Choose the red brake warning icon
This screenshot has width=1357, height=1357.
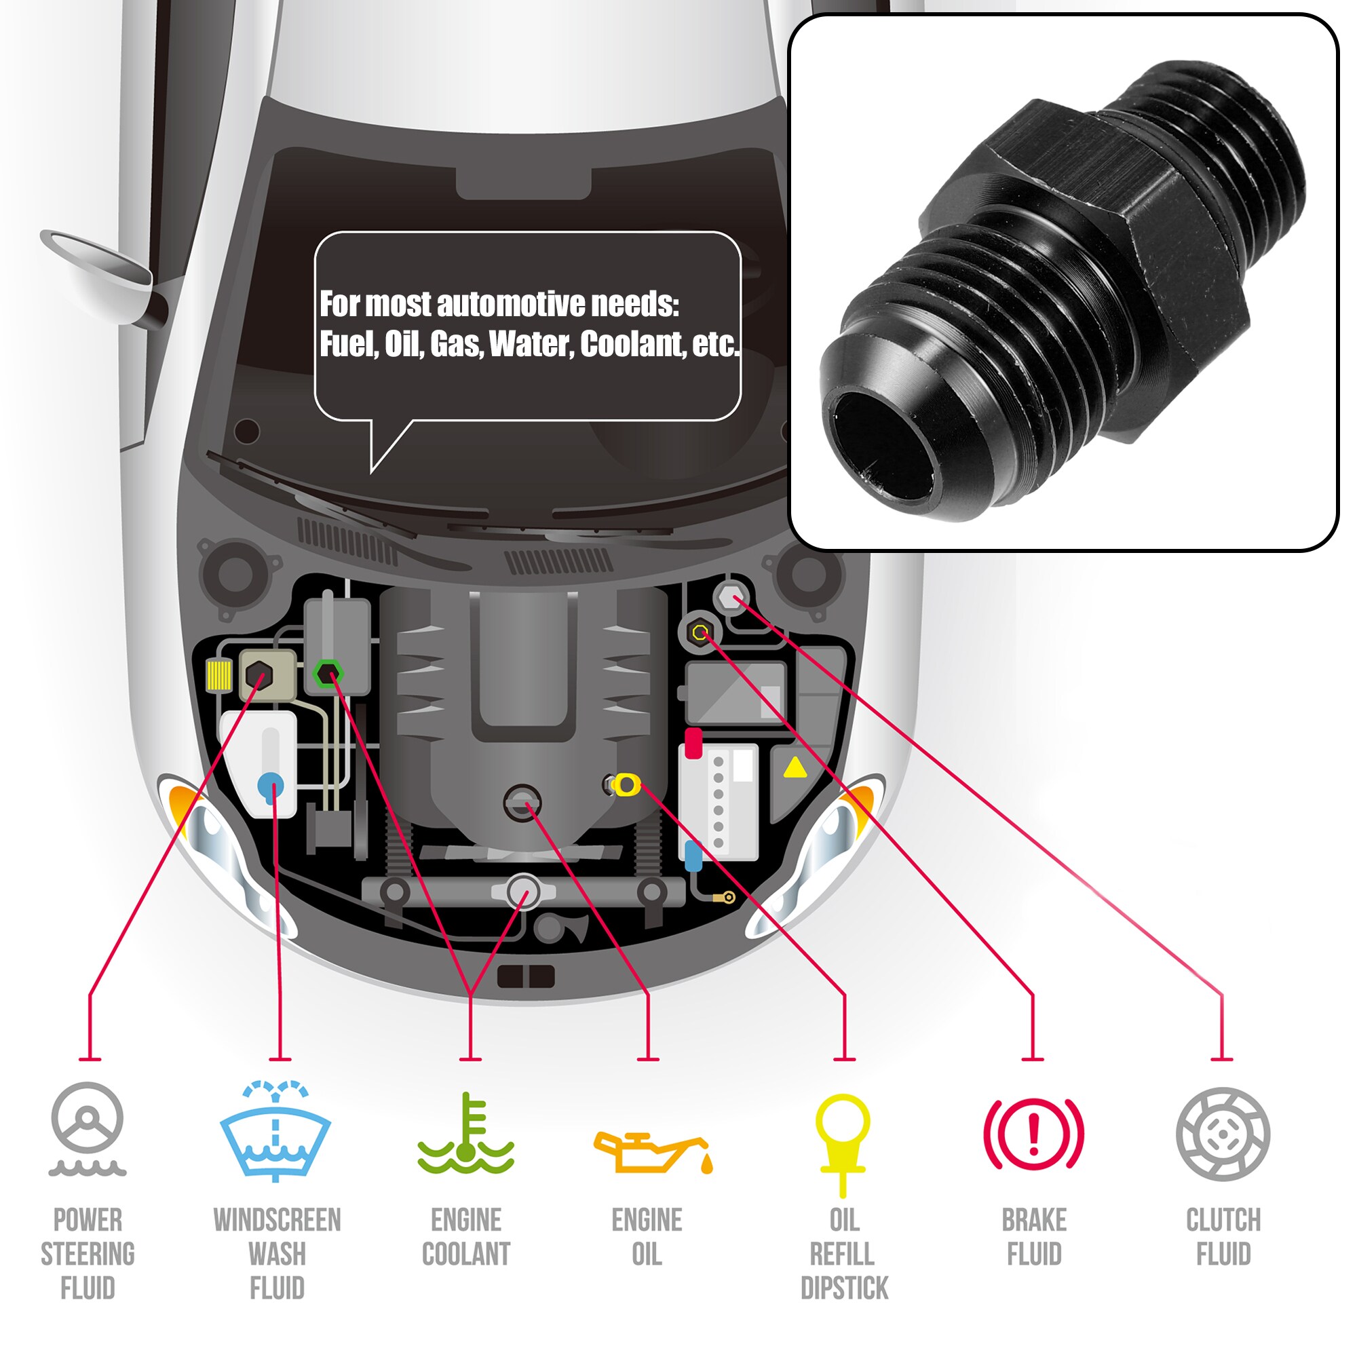(x=1034, y=1133)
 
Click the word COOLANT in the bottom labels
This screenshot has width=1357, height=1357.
(x=466, y=1255)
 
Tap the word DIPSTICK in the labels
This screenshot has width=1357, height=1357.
(x=844, y=1288)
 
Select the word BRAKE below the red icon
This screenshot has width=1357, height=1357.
(x=1034, y=1220)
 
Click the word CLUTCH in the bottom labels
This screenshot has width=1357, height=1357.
(x=1223, y=1220)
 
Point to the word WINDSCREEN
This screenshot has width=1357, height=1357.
(x=277, y=1220)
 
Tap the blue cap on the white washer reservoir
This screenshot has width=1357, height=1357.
(x=271, y=784)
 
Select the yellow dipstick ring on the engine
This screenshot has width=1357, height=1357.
(x=626, y=784)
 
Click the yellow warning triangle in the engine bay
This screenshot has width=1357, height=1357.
(x=795, y=767)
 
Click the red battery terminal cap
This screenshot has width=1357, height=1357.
(x=693, y=742)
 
